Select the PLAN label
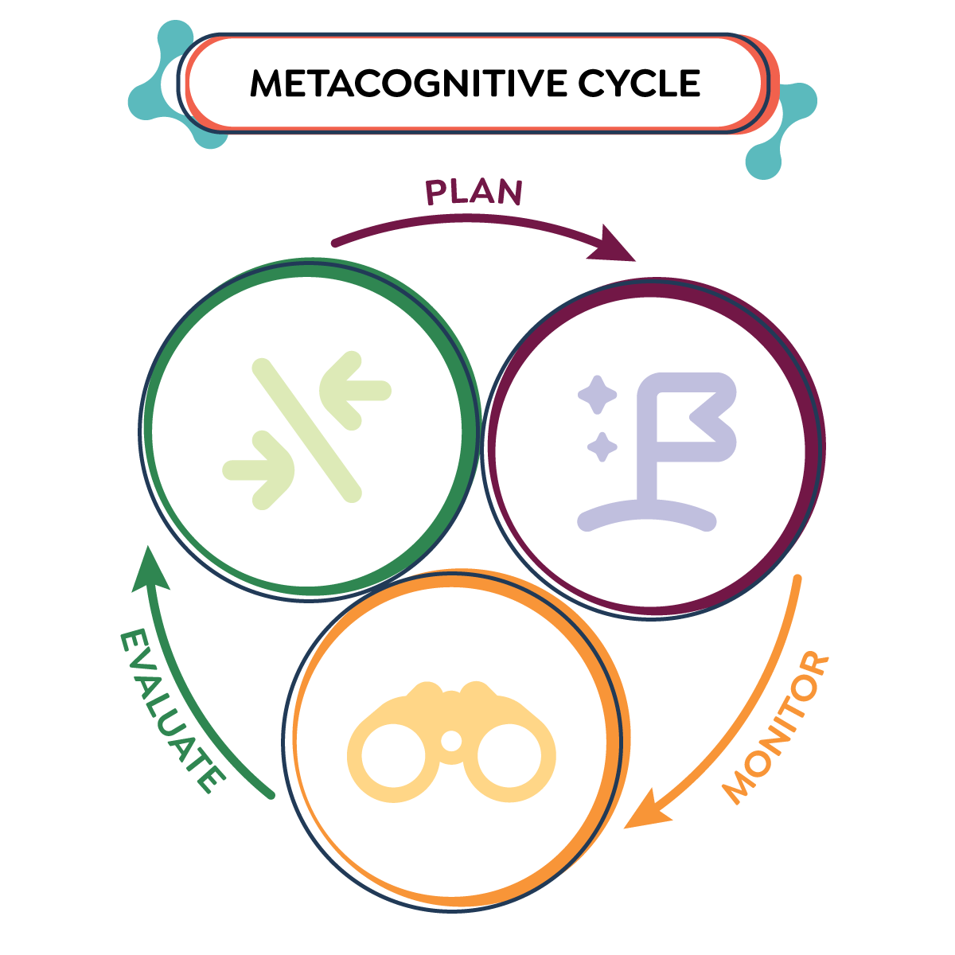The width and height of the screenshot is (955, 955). point(474,192)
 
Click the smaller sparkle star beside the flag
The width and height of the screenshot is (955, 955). point(602,446)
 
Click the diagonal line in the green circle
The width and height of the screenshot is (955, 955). point(306,430)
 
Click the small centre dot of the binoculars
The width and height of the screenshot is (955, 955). point(451,741)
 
